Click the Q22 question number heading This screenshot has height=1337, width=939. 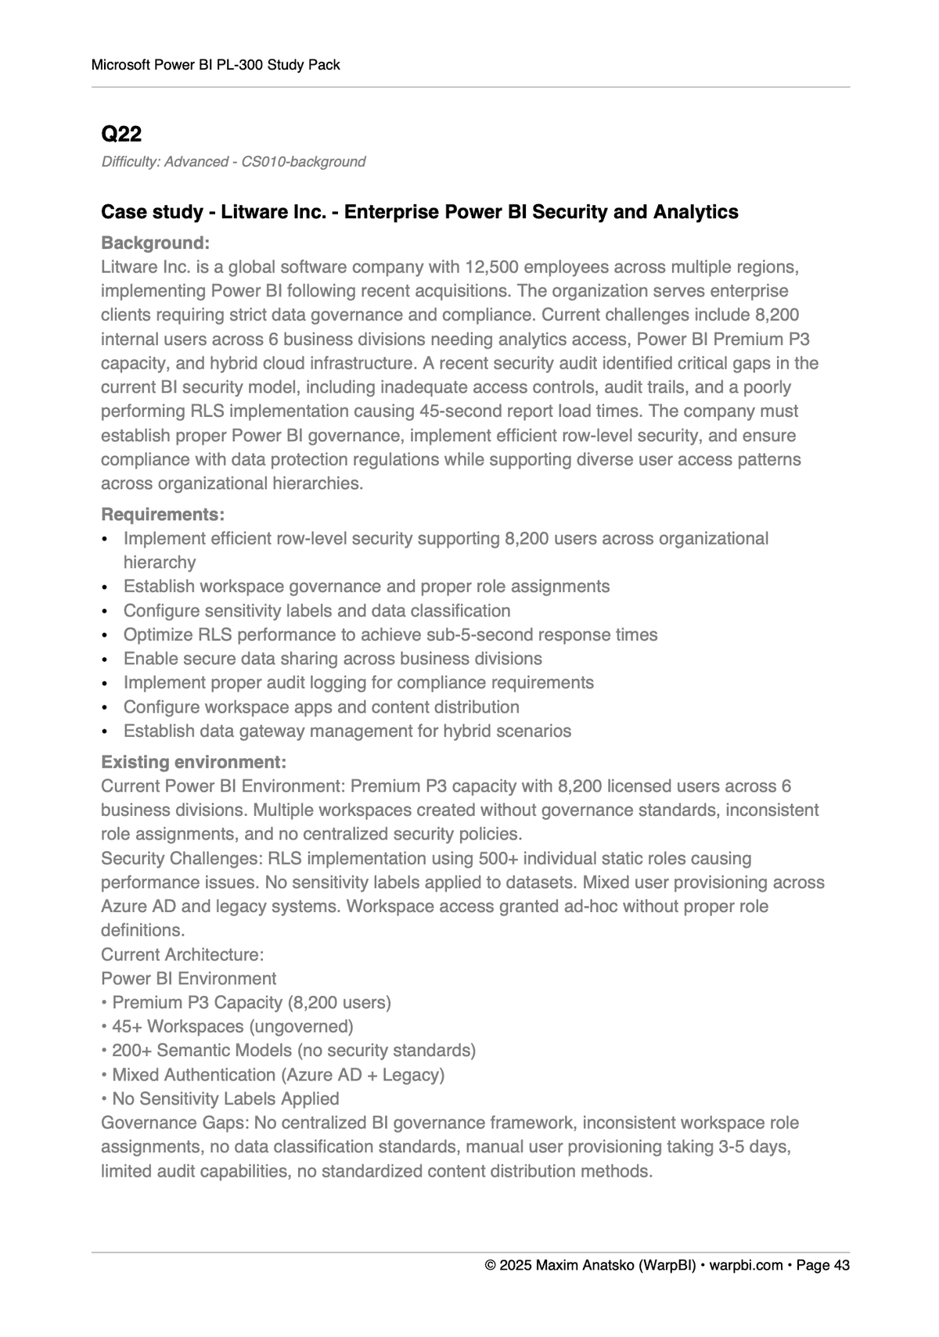(121, 135)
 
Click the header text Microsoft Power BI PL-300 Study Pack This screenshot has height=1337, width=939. (215, 65)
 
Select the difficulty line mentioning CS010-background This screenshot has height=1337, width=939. (233, 162)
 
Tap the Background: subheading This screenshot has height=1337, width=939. (155, 243)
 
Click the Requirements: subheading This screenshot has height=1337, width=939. (163, 515)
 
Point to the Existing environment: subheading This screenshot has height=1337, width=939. (193, 762)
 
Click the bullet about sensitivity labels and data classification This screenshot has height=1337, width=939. (316, 611)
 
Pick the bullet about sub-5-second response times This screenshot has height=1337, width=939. (390, 635)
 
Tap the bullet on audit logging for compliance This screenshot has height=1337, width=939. (358, 683)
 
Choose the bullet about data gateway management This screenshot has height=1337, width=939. (347, 731)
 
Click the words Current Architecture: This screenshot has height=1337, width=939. (182, 954)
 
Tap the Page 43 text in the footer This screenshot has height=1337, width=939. (822, 1266)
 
